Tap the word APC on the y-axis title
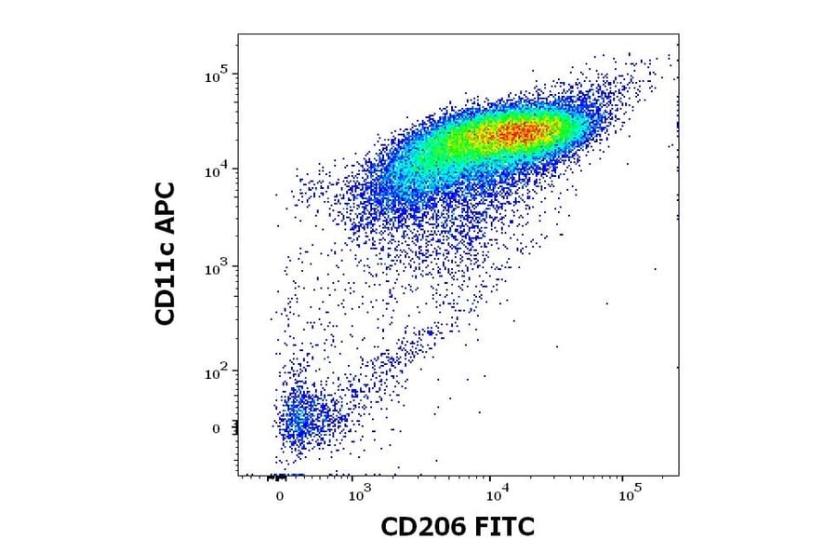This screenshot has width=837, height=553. pos(166,205)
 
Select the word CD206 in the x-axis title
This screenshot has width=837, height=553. pos(424,528)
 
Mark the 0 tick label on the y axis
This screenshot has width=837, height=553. pos(216,429)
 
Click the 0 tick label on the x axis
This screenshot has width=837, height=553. pos(280,497)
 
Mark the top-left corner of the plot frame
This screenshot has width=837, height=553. pos(238,34)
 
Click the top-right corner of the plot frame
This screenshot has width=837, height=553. pos(678,34)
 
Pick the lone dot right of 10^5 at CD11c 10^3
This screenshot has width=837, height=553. pos(656,269)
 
